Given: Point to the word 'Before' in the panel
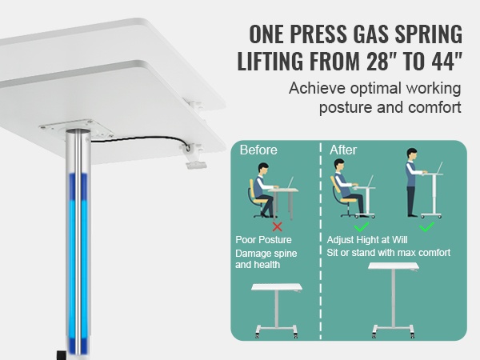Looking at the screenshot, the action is click(258, 150).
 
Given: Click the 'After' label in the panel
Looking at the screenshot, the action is click(343, 150).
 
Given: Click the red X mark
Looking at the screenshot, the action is click(278, 227).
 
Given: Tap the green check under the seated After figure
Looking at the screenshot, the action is click(362, 227).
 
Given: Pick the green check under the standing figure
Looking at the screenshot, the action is click(426, 227).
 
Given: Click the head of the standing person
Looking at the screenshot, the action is click(412, 154).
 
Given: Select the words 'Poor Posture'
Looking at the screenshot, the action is click(263, 240).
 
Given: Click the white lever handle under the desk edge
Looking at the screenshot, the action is click(196, 165).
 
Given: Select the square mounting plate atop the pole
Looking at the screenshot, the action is click(77, 130).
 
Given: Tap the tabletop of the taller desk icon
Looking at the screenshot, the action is click(394, 266).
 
